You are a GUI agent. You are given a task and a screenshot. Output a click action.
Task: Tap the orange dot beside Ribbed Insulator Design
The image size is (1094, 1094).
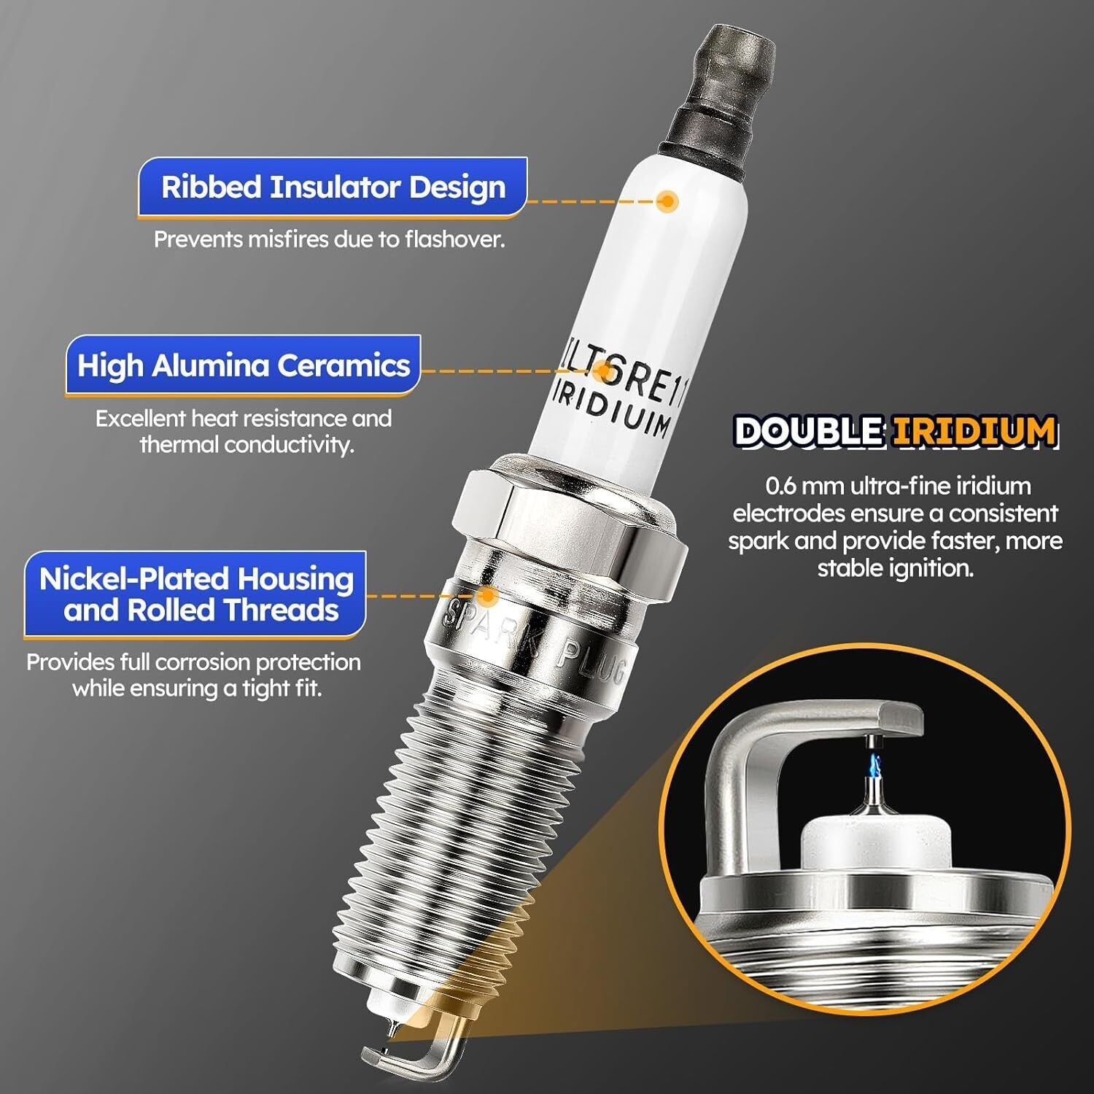[x=666, y=201]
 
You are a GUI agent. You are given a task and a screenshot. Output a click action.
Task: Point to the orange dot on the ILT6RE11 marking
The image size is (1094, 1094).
[x=603, y=371]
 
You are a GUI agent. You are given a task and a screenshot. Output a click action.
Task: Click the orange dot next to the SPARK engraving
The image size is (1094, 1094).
[x=487, y=596]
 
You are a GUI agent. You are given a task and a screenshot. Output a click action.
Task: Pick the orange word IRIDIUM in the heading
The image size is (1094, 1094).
[x=974, y=431]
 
